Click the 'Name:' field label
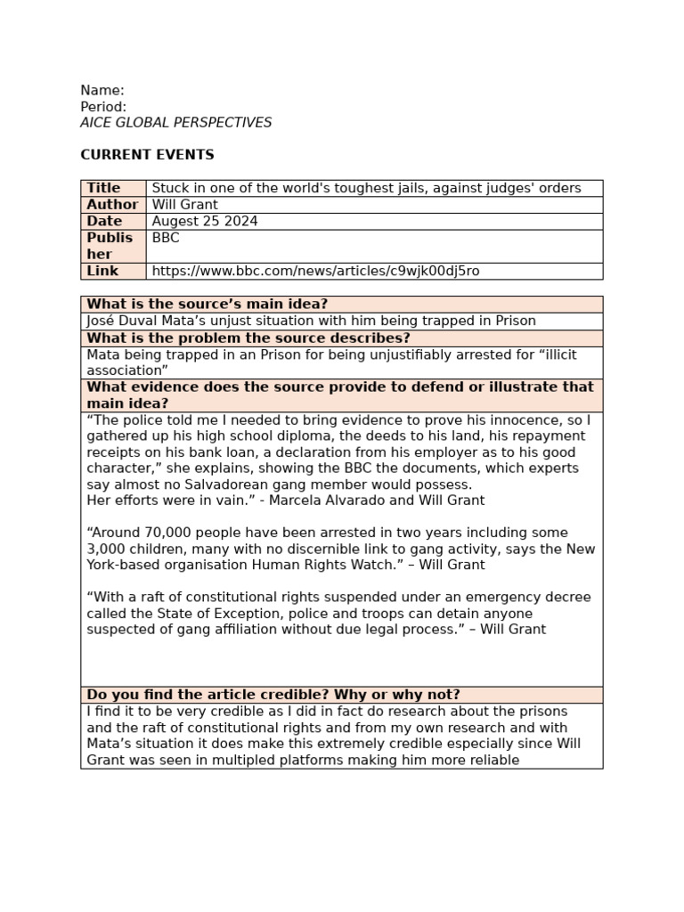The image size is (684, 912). coord(102,90)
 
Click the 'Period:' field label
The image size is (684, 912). coord(103,107)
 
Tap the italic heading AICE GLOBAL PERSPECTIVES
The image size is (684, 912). coord(176,123)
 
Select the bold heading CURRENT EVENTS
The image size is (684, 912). coord(147,155)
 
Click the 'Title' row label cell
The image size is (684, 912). coord(103,188)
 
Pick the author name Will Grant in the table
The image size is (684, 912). coord(185,205)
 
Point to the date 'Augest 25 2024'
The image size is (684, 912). coord(205,221)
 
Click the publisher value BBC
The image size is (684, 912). coord(166,238)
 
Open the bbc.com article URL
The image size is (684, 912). coord(315,271)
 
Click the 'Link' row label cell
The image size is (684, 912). coord(102,271)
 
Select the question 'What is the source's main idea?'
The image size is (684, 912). coord(208,305)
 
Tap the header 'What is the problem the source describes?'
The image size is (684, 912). coord(248,338)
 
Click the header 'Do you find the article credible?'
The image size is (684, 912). coord(273,695)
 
